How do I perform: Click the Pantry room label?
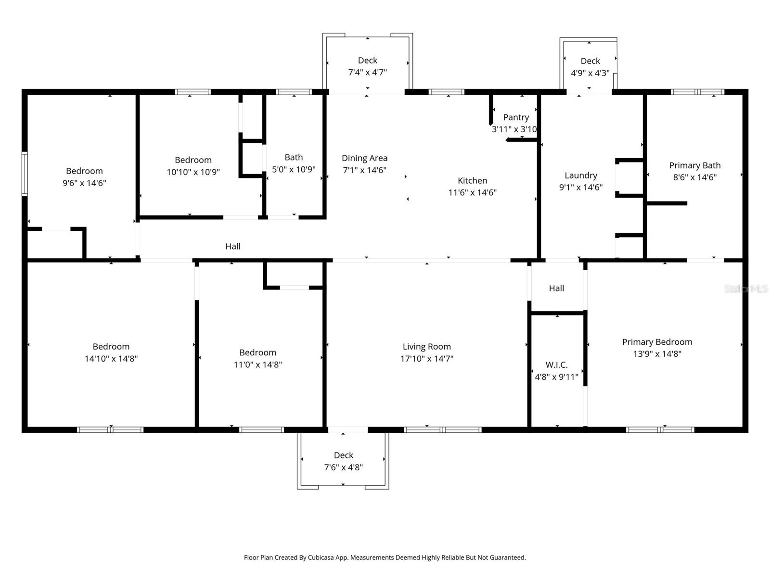(516, 117)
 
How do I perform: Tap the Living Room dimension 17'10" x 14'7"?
(426, 359)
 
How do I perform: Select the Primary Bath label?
(694, 165)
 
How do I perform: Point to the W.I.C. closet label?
(556, 365)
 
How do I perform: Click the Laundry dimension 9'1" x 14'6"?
(580, 188)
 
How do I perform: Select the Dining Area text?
(364, 158)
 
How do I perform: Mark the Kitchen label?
(472, 181)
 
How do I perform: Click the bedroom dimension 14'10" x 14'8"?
(111, 359)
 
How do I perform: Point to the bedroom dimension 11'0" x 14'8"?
(257, 365)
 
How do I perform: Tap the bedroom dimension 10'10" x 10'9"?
(193, 172)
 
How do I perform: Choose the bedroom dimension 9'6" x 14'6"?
(84, 183)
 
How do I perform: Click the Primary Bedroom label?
(657, 342)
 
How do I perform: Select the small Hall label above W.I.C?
(556, 288)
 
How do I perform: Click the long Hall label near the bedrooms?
(232, 247)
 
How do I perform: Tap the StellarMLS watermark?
(745, 289)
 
